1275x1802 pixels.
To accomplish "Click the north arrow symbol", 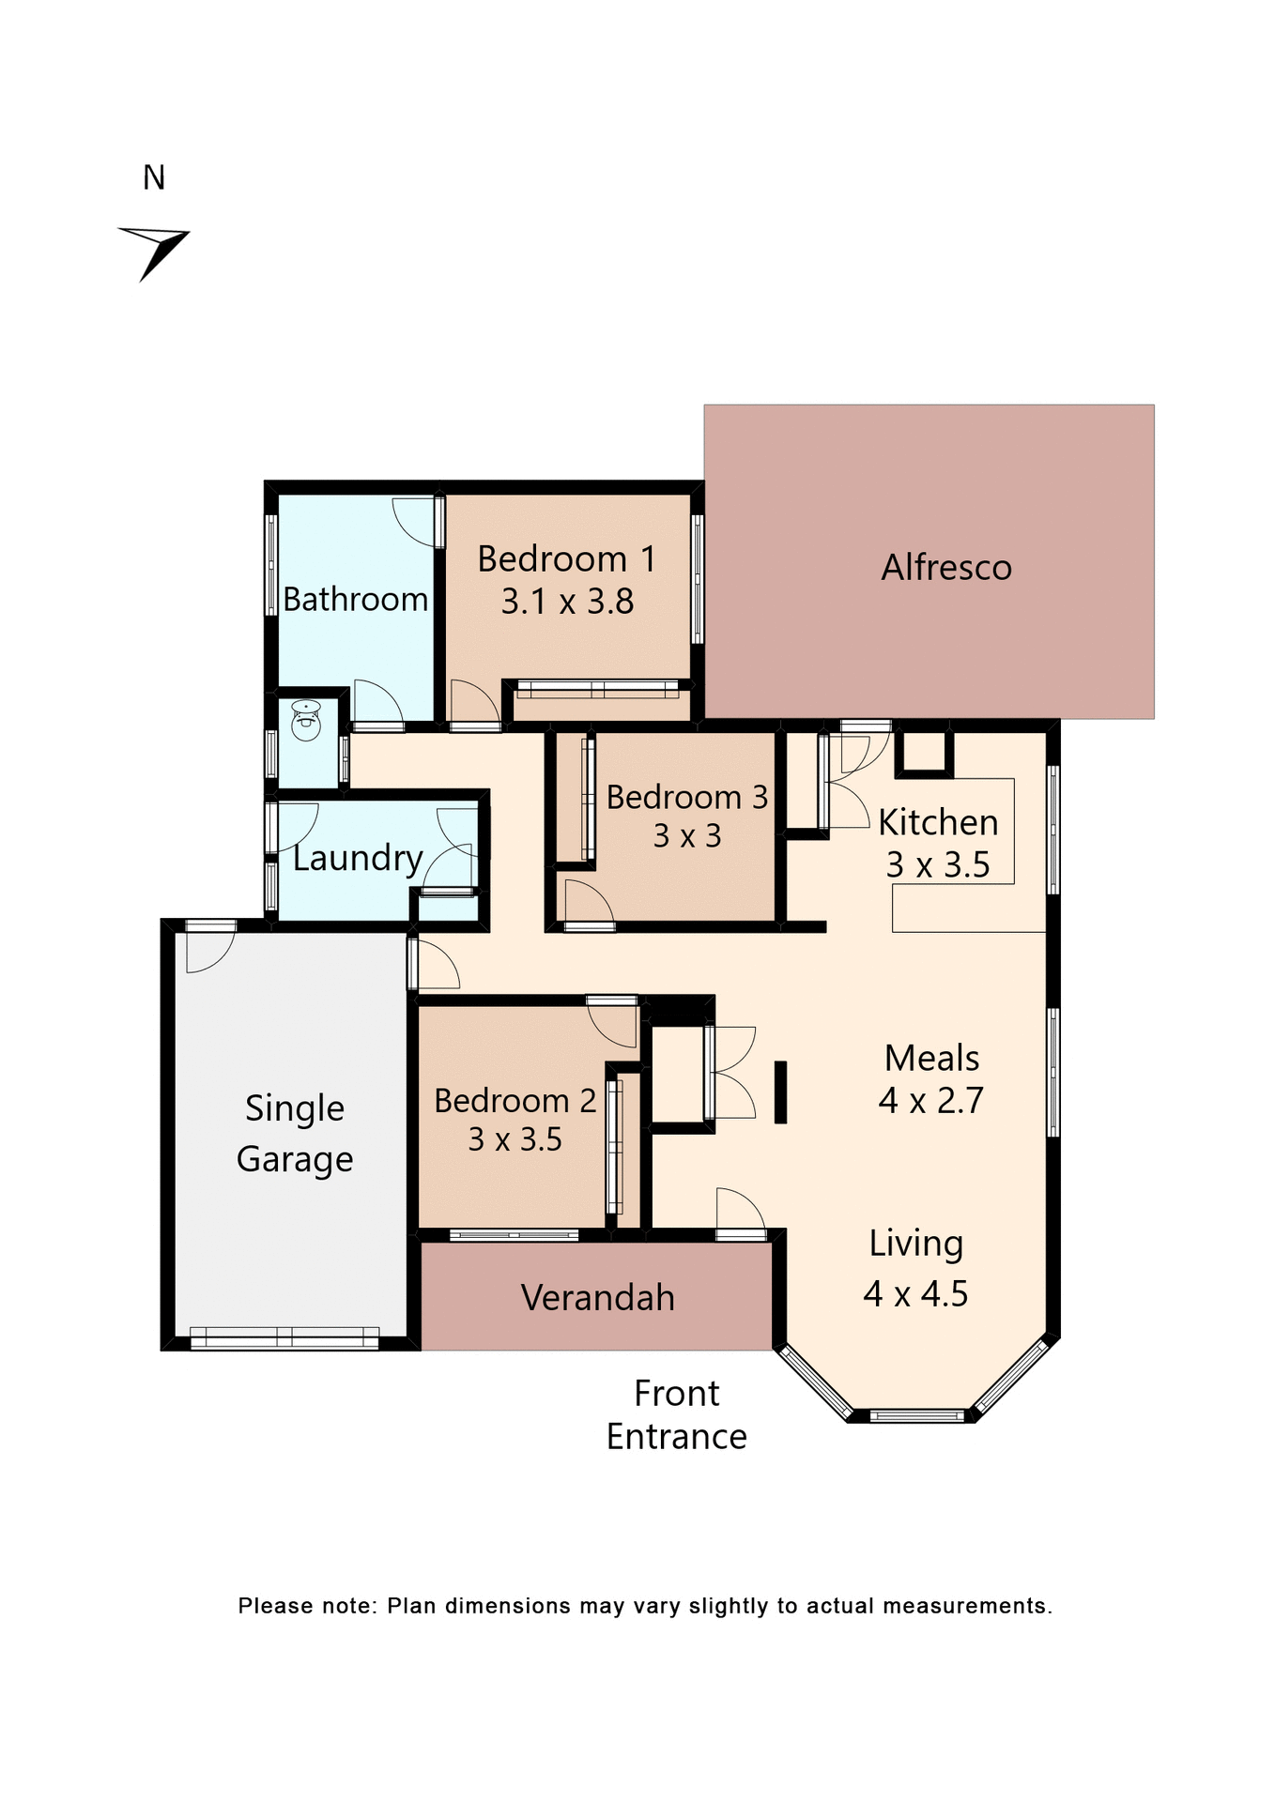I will (x=155, y=250).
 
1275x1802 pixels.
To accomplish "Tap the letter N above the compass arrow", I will (x=154, y=178).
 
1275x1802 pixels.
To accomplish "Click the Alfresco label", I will (x=945, y=568).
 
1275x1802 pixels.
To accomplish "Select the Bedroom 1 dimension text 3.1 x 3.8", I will (x=567, y=602).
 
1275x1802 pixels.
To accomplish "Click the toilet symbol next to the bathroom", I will (x=306, y=721).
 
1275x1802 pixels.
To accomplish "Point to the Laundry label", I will (x=357, y=858).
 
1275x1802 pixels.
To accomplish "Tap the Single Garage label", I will (x=295, y=1134).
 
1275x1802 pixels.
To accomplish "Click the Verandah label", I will (x=597, y=1298).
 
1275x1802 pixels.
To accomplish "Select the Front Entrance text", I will (x=676, y=1415).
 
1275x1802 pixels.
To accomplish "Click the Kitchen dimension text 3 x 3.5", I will (x=937, y=865).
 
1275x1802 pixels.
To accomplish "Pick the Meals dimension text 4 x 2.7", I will (x=930, y=1101).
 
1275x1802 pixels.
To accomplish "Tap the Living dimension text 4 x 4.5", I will (x=915, y=1294).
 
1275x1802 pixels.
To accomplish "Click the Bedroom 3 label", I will (x=686, y=798).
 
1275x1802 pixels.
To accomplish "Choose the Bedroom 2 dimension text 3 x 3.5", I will (x=515, y=1139).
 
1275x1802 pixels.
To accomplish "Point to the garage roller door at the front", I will (x=284, y=1337).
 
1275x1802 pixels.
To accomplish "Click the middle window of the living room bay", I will (x=917, y=1415).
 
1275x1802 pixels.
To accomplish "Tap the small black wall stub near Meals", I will (x=780, y=1092).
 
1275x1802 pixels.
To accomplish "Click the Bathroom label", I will (x=355, y=600).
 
